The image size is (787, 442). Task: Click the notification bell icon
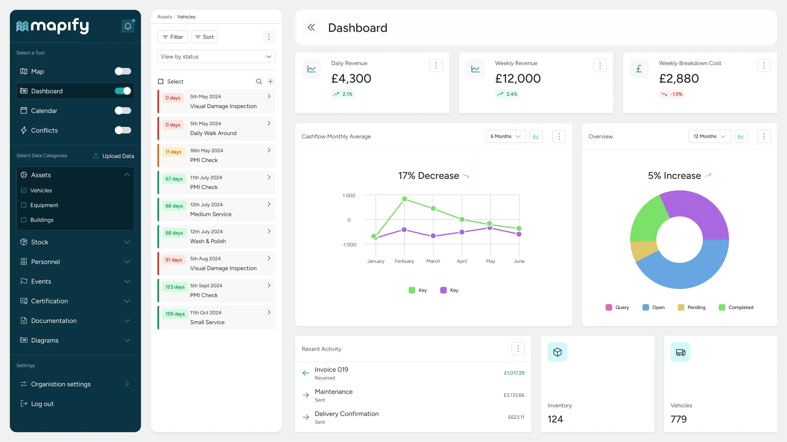(128, 26)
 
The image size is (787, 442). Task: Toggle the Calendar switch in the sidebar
(123, 110)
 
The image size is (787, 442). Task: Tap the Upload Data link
(114, 156)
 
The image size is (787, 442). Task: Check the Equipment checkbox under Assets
(24, 205)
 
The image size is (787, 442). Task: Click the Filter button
(173, 37)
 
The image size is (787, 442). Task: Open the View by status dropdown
(216, 56)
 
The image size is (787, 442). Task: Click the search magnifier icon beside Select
(259, 81)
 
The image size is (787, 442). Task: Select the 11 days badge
(173, 152)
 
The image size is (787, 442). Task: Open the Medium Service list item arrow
(269, 204)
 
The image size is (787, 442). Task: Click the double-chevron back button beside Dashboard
(311, 28)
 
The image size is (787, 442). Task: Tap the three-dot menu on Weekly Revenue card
(600, 66)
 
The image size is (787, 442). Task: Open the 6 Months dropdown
(505, 136)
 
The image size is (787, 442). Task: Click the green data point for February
(404, 199)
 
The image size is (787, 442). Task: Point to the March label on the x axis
(433, 261)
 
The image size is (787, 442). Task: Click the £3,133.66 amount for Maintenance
(514, 395)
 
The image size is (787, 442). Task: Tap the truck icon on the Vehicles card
(680, 352)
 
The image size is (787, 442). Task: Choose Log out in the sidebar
(42, 404)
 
